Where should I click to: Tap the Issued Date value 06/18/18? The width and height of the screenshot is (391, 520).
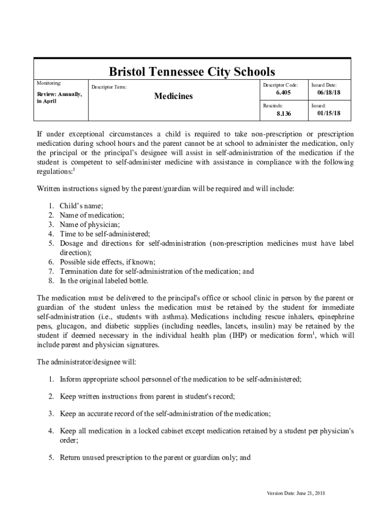click(x=329, y=93)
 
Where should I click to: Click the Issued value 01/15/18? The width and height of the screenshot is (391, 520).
click(x=329, y=113)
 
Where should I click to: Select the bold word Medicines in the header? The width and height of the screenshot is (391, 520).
click(x=173, y=96)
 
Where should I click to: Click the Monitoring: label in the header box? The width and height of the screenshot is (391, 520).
click(x=49, y=83)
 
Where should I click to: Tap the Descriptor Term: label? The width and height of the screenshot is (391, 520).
click(x=109, y=87)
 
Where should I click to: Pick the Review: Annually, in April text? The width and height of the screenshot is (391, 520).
click(x=58, y=97)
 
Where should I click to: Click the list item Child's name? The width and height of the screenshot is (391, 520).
click(x=81, y=206)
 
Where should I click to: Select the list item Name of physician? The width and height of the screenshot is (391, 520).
click(x=90, y=224)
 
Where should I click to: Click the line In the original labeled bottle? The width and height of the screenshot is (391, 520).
click(x=111, y=281)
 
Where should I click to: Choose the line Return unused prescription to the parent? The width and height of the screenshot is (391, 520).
click(x=155, y=457)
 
